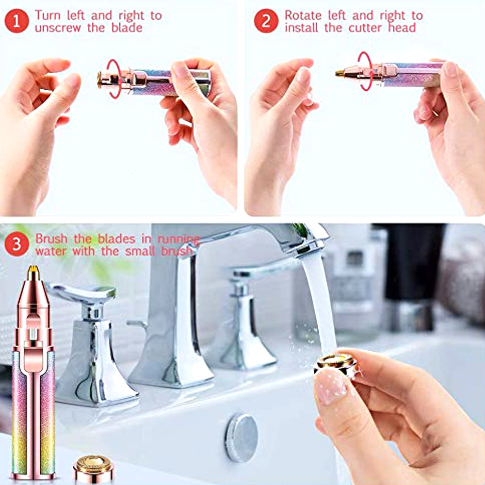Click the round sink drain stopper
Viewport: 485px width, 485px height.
tap(241, 437)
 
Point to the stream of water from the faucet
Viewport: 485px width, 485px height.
tap(319, 301)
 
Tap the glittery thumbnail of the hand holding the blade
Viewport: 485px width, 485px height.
tap(330, 386)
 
